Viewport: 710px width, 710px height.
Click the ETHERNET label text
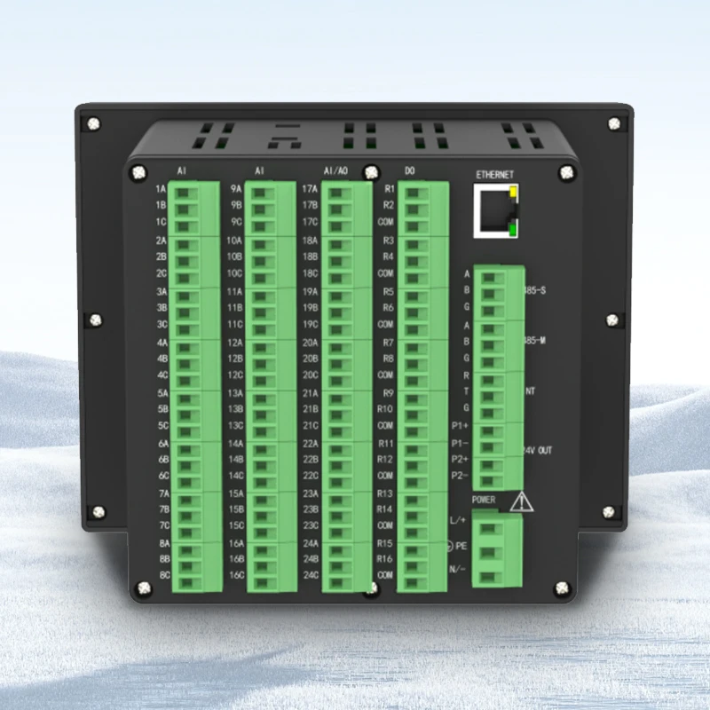click(495, 175)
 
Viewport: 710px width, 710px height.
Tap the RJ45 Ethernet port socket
click(494, 210)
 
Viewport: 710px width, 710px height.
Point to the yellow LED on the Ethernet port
click(514, 193)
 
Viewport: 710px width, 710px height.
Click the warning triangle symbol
click(522, 502)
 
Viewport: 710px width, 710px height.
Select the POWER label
click(484, 500)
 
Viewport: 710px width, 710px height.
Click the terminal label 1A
click(161, 189)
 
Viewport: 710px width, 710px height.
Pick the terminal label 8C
click(163, 575)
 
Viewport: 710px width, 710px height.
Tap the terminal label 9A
click(236, 189)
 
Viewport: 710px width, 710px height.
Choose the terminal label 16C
click(236, 575)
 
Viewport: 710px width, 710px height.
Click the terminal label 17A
click(310, 189)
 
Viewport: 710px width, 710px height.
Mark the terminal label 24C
click(310, 575)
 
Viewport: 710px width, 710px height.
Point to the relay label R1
click(388, 189)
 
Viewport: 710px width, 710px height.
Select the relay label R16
click(385, 559)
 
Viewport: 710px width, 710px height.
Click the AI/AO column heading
click(335, 170)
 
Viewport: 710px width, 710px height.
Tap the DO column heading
click(409, 170)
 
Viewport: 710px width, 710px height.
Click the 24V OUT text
click(539, 451)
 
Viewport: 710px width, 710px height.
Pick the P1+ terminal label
click(460, 426)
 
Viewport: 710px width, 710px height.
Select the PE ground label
click(461, 545)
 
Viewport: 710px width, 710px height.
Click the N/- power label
click(459, 569)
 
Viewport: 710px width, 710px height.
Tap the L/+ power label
click(459, 521)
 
